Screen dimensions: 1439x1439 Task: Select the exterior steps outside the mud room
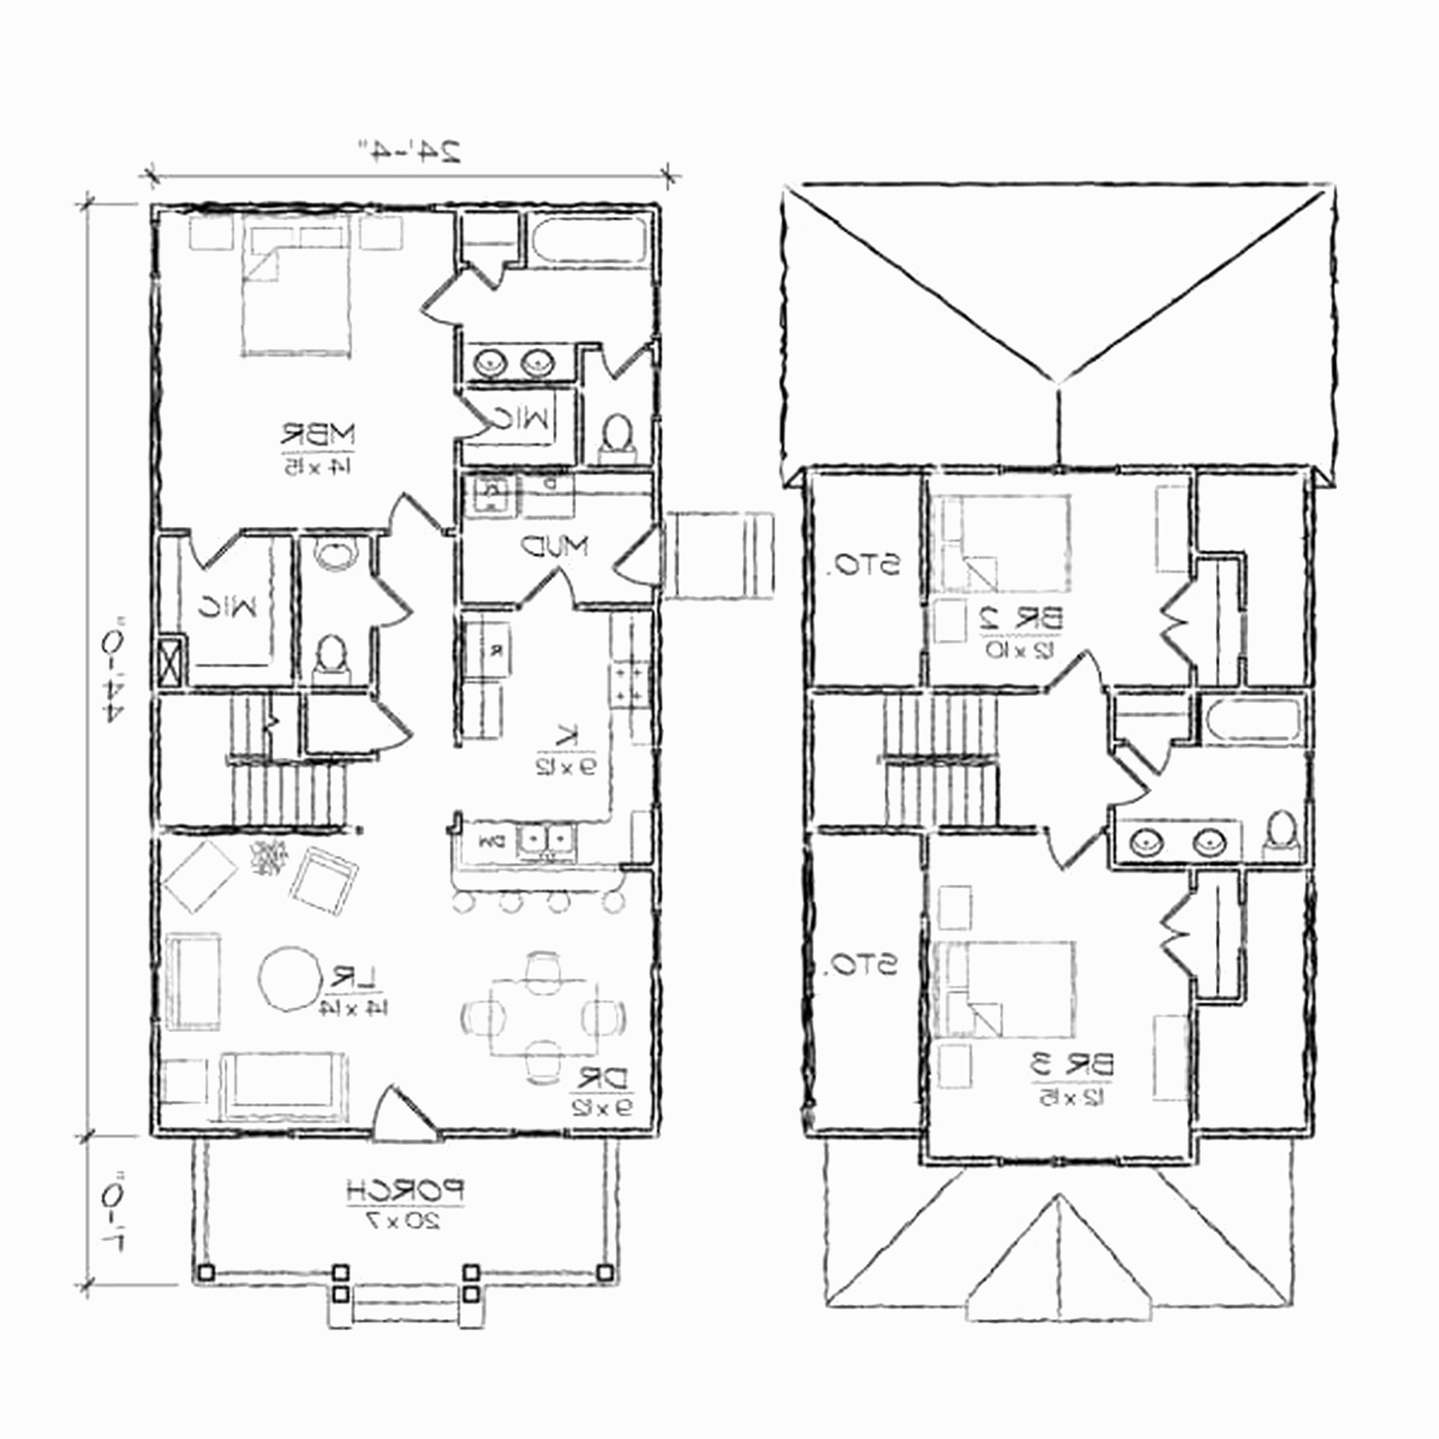[x=719, y=555]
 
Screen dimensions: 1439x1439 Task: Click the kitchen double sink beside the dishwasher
[x=547, y=840]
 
